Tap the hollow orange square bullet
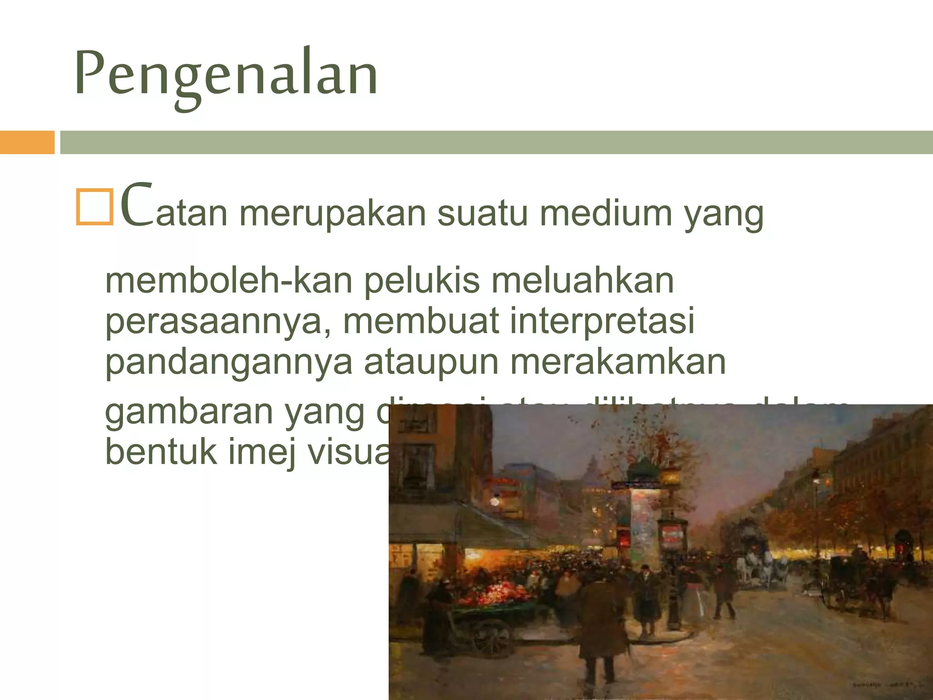(94, 207)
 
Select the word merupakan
(333, 213)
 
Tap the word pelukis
(421, 281)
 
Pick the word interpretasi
(601, 321)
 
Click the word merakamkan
(617, 362)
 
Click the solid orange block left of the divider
(27, 142)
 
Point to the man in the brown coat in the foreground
(597, 615)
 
